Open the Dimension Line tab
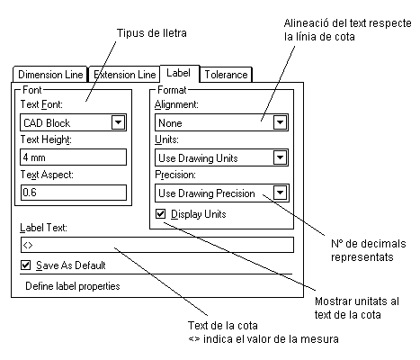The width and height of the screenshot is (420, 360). (50, 75)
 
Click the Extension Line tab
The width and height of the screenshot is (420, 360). (124, 75)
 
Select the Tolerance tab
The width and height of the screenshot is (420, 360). (226, 75)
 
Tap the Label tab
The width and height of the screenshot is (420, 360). (179, 73)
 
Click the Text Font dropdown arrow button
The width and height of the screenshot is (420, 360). (118, 122)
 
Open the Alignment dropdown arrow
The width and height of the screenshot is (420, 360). (280, 122)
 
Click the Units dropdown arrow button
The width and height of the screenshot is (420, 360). (280, 157)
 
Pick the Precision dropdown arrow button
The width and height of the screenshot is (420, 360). (280, 193)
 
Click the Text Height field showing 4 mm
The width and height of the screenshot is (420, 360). (73, 157)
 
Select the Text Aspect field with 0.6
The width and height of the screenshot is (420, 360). (73, 193)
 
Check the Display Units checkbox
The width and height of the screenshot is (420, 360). (160, 214)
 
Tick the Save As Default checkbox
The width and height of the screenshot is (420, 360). (26, 265)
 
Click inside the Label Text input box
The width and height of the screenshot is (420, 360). (157, 245)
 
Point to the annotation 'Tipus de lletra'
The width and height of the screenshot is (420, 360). (152, 33)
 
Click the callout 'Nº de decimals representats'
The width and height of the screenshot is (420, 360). (369, 250)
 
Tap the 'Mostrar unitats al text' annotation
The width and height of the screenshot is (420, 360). (357, 308)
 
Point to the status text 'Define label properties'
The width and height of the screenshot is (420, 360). (73, 286)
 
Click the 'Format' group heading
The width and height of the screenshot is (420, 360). (172, 90)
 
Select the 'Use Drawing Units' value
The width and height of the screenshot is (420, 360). (198, 158)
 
